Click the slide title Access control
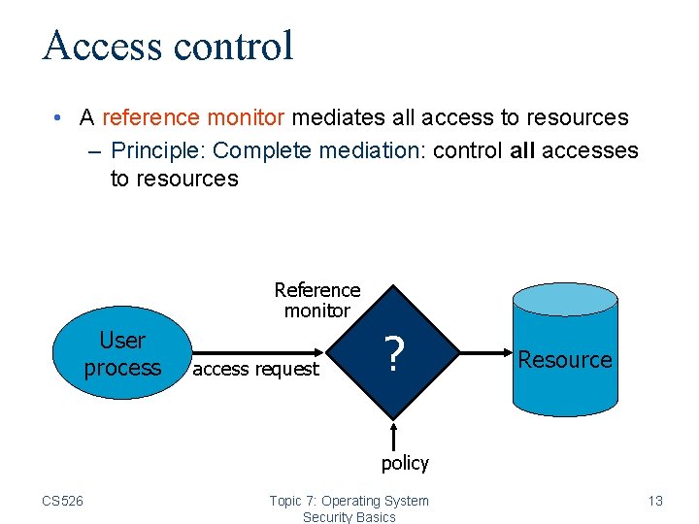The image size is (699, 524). click(168, 46)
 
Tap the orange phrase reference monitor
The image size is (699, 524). click(192, 118)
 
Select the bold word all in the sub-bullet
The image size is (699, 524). click(522, 150)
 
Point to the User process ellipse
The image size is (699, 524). click(121, 354)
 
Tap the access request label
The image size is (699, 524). click(256, 369)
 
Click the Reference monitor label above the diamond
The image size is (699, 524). click(316, 300)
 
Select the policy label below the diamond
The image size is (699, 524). click(405, 463)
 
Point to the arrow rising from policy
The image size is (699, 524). click(394, 435)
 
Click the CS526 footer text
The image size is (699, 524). click(62, 501)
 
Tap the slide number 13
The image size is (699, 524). click(655, 501)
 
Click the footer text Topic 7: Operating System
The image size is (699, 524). click(349, 501)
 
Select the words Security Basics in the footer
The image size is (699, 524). click(349, 517)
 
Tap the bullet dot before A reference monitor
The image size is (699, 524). click(59, 118)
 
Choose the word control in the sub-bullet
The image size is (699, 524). click(467, 150)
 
